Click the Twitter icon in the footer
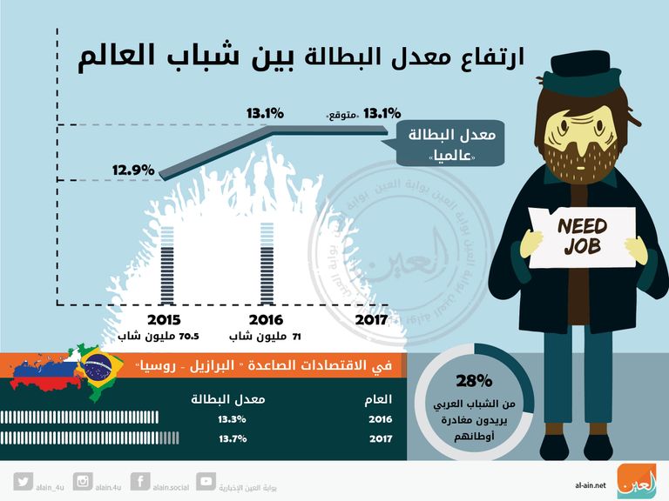[x=24, y=481]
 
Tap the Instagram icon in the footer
[x=84, y=481]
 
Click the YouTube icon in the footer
[x=206, y=481]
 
